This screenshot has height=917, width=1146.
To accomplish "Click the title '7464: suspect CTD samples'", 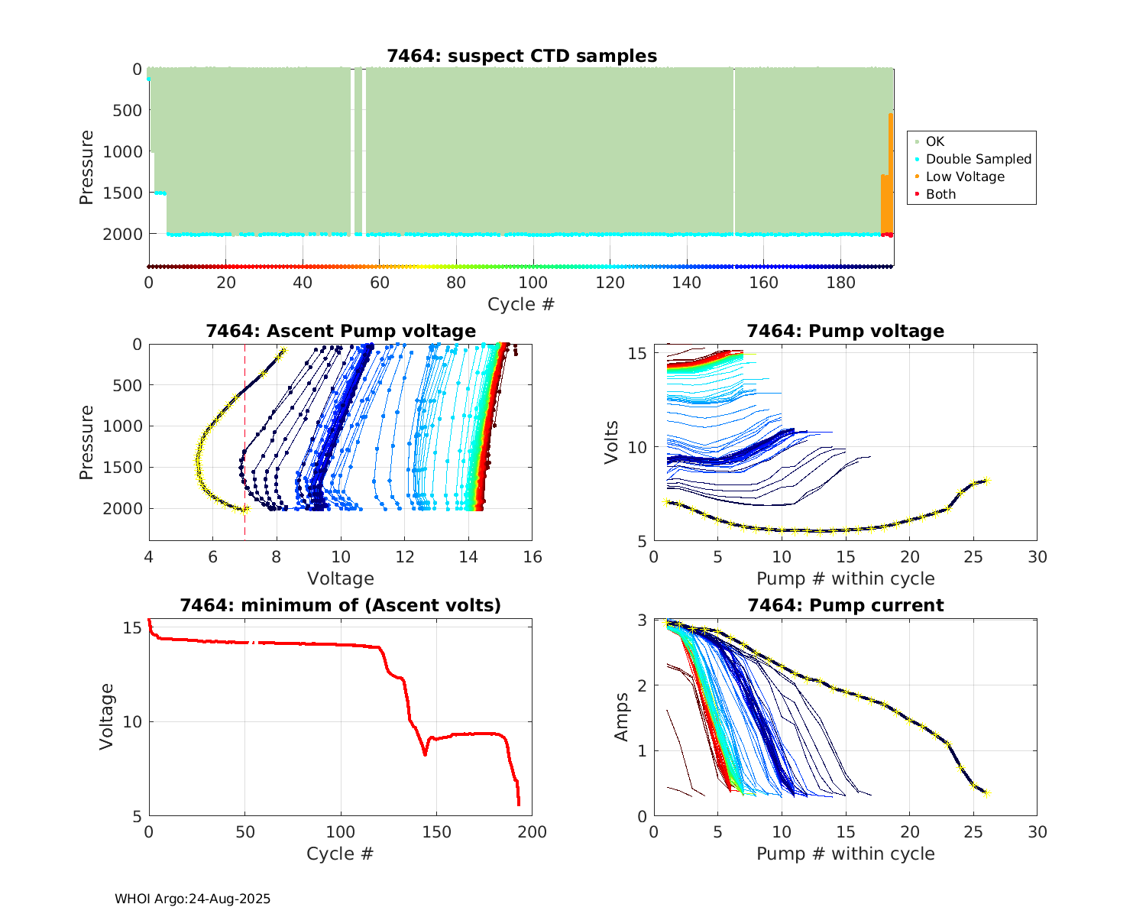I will [x=522, y=56].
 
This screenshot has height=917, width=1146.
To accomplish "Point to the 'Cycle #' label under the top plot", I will [x=521, y=304].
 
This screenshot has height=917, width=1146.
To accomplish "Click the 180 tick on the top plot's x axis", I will [x=840, y=283].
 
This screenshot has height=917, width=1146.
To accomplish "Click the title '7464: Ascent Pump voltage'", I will [x=341, y=331].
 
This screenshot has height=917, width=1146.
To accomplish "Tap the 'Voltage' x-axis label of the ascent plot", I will [x=341, y=578].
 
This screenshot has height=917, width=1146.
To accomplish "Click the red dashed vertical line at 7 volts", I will [x=244, y=428].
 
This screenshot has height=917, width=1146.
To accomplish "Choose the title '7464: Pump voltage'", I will [x=845, y=331].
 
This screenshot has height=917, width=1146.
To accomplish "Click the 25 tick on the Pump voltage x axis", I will [x=973, y=557].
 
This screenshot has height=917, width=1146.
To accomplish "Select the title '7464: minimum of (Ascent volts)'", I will [x=341, y=605].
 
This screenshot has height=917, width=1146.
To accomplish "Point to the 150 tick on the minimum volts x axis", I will [x=436, y=832].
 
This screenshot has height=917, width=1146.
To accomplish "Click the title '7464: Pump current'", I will [x=845, y=605].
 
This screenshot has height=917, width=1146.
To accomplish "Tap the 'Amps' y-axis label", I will [x=622, y=717].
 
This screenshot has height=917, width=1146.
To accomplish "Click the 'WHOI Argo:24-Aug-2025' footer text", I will [x=193, y=899].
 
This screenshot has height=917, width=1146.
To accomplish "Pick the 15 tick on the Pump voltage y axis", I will [x=639, y=353].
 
